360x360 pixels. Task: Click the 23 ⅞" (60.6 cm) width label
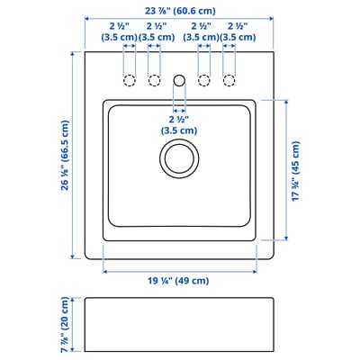180,11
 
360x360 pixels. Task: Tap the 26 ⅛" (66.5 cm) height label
65,155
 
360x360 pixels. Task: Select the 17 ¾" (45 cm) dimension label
295,171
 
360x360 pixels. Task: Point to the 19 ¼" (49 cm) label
178,281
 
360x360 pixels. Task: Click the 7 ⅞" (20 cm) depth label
65,325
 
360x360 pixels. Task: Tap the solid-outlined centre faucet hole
179,80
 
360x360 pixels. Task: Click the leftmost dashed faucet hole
130,80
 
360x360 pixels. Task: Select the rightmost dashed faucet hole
229,80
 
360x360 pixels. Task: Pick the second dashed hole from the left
154,80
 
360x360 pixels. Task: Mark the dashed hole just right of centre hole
204,80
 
